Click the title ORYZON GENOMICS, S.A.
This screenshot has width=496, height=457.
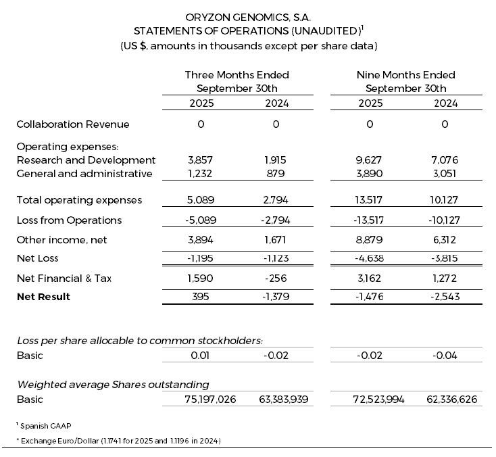tap(247, 16)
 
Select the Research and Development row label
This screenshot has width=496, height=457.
tap(85, 160)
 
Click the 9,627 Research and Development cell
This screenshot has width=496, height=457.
tap(370, 160)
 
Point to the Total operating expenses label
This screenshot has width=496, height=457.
tap(79, 199)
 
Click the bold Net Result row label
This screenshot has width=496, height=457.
tap(43, 297)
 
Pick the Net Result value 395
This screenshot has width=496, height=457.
tap(200, 297)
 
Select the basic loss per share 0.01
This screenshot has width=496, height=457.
tap(200, 356)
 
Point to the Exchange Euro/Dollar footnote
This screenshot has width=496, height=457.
tap(118, 440)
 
